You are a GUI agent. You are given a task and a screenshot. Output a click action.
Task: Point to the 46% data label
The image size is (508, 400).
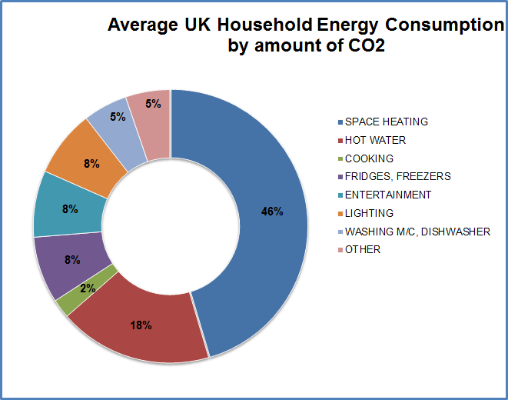coord(272,212)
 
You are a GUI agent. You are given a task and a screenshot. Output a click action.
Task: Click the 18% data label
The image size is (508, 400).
coord(141,325)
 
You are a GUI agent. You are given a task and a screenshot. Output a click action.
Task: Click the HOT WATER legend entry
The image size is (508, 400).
coord(375,140)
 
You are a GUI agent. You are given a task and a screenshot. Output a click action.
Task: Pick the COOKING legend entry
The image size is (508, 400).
coord(369,158)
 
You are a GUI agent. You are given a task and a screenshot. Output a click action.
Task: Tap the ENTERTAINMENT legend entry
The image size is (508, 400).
coord(387,195)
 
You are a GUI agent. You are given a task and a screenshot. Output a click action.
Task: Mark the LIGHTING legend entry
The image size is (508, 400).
coord(369,213)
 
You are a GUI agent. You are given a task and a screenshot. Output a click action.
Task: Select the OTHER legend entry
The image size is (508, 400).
coord(363,249)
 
